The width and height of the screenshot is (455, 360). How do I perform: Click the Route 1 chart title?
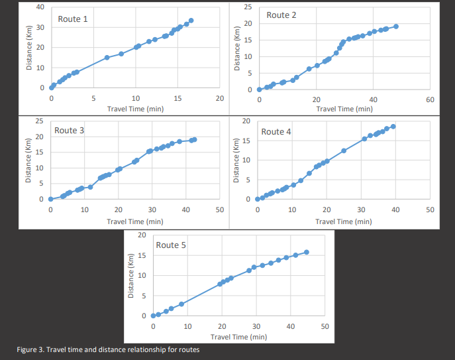tap(73, 19)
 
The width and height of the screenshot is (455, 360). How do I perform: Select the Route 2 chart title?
tap(281, 15)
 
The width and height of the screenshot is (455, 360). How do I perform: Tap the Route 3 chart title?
tap(70, 131)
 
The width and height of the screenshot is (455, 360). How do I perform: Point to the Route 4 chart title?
tap(276, 132)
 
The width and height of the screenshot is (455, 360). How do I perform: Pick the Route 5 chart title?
tap(171, 245)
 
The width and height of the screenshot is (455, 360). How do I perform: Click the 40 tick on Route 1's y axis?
tap(40, 7)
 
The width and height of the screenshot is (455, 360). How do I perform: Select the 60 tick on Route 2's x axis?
tap(430, 99)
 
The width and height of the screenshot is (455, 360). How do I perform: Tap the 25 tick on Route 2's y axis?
tap(247, 7)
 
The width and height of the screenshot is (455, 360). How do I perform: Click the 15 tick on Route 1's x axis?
tap(177, 99)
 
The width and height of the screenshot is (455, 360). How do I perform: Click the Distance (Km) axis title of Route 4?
tap(237, 160)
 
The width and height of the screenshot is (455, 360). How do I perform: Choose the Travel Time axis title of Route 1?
tap(135, 108)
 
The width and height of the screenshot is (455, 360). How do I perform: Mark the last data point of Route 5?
tap(307, 252)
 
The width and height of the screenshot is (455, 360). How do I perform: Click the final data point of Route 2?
tap(396, 27)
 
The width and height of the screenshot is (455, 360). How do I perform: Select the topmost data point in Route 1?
tap(191, 21)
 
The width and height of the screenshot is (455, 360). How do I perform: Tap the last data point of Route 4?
tap(393, 126)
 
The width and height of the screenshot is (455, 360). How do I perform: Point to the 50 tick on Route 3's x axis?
tap(220, 210)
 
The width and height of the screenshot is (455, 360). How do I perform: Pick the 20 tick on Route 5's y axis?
tap(142, 235)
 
